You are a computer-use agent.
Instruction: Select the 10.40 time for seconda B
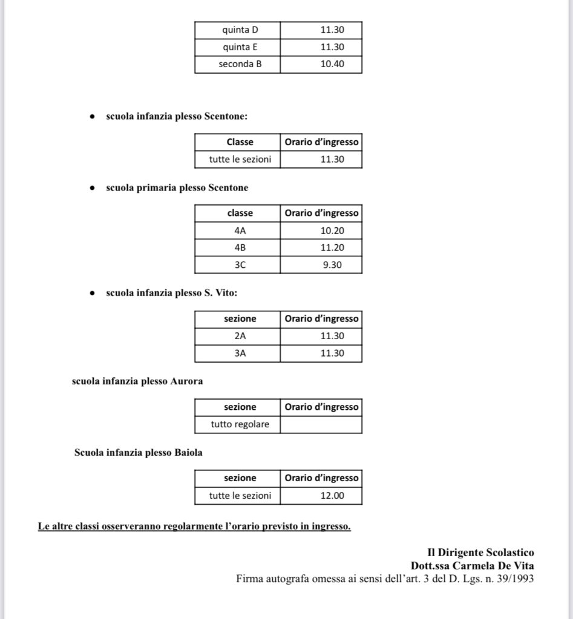(x=332, y=63)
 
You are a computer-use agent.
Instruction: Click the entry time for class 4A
(x=332, y=230)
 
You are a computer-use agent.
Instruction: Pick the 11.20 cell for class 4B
(x=332, y=247)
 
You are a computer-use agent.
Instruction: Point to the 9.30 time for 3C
(x=332, y=264)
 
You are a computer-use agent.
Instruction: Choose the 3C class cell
(x=240, y=264)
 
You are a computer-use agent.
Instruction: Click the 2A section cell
(x=240, y=336)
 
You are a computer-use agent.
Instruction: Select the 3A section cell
(x=240, y=353)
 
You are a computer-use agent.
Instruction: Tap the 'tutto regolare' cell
(x=240, y=424)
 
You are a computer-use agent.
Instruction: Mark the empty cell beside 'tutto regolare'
(x=321, y=424)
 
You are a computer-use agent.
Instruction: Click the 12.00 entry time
(x=332, y=496)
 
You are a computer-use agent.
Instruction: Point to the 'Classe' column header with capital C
(x=240, y=142)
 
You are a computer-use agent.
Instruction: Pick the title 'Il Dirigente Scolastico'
(x=480, y=553)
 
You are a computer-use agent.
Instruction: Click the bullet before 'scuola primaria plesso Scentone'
(x=91, y=188)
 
